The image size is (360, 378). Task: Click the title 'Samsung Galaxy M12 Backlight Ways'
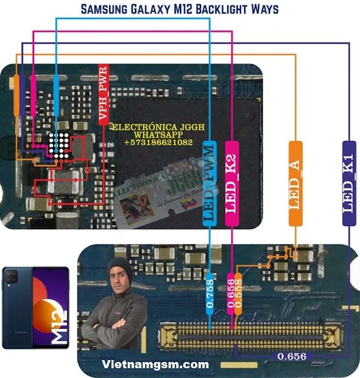click(x=179, y=9)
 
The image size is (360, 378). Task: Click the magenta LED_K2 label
click(x=231, y=184)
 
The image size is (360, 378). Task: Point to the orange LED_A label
click(x=295, y=184)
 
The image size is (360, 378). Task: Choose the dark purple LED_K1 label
click(x=349, y=184)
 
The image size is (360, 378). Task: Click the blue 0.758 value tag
click(x=209, y=294)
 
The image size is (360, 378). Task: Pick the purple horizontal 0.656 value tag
click(x=292, y=356)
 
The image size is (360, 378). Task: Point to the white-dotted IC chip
click(x=58, y=145)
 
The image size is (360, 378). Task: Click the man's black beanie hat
click(x=119, y=266)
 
